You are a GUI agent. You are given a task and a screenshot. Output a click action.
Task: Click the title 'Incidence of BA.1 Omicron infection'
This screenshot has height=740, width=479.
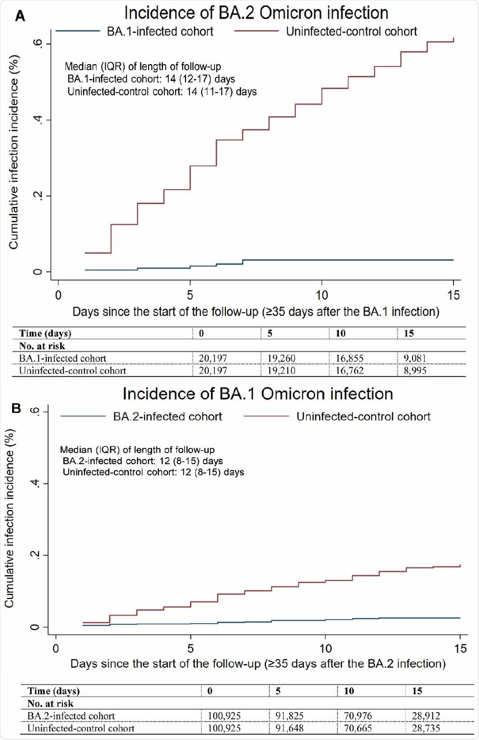(258, 394)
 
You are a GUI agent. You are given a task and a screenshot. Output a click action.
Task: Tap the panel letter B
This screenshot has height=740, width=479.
(17, 408)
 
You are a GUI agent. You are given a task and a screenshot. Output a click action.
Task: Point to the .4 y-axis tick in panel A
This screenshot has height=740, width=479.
(39, 120)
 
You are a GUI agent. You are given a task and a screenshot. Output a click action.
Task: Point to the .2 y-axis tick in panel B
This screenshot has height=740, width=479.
(37, 555)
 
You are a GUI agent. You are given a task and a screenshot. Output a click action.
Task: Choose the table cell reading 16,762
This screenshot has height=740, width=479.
(348, 370)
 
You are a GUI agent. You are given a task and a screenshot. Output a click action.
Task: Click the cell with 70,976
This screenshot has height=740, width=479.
(358, 715)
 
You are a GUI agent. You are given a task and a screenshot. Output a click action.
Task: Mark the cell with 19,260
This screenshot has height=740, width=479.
(281, 358)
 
